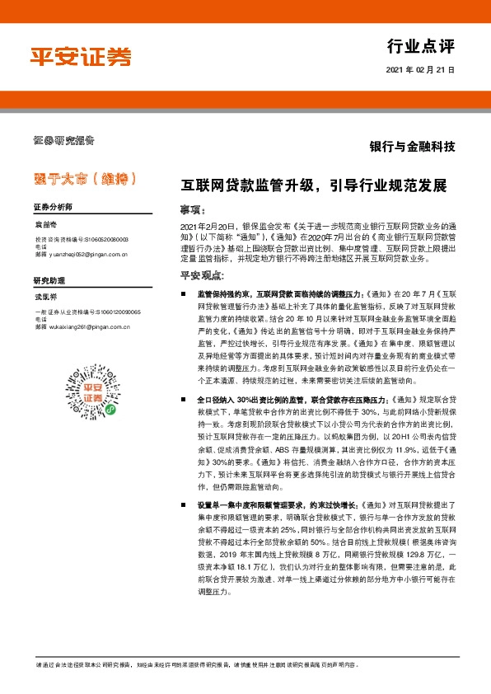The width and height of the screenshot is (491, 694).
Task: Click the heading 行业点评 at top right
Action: coord(420,45)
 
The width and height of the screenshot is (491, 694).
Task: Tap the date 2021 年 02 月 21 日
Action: coord(420,70)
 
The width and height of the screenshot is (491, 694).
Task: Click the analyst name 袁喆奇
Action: coord(44,224)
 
